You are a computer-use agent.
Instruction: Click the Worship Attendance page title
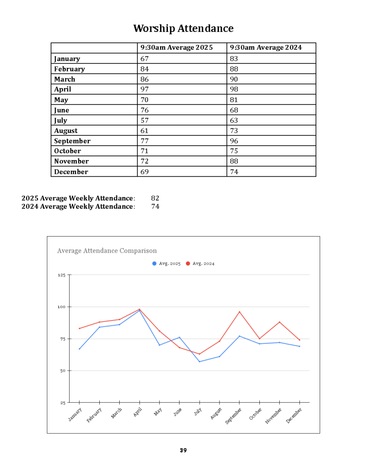coord(183,28)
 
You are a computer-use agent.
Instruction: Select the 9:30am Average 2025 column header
coord(176,48)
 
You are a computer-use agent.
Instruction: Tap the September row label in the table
coord(72,141)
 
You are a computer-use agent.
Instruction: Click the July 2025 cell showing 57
coord(145,121)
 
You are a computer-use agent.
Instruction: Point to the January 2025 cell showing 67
coord(145,59)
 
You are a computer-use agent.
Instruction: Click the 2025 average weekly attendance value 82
coord(155,198)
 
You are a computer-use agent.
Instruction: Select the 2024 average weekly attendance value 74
coord(155,206)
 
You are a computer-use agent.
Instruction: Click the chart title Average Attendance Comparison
coord(107,251)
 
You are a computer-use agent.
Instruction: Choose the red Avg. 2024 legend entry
coord(200,263)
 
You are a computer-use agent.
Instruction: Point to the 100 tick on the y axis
coord(61,307)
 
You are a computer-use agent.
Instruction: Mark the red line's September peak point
coord(239,312)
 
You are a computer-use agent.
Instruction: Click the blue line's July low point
coord(200,362)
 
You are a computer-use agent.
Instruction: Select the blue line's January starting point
coord(79,349)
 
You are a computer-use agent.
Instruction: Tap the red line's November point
coord(279,322)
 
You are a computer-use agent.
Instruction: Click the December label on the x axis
coord(294,415)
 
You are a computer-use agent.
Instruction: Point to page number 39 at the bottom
coord(183,450)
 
